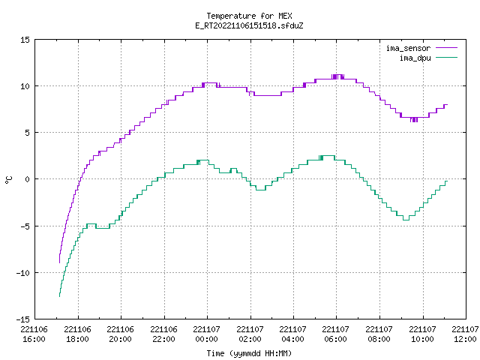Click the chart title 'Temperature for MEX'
249,16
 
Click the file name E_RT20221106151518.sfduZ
249,25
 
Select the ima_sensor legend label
408,48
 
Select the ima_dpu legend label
415,58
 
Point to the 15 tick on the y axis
25,40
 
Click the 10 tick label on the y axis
25,86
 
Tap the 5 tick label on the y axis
28,133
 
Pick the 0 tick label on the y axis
28,179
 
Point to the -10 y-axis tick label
23,273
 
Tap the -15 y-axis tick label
23,319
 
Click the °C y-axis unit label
8,180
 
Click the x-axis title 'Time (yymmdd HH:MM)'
249,353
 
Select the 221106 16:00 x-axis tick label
34,334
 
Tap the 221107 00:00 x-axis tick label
207,334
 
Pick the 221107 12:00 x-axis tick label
465,334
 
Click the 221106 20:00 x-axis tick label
120,334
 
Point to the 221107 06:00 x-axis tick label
335,334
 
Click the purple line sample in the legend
446,48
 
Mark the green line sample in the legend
446,58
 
